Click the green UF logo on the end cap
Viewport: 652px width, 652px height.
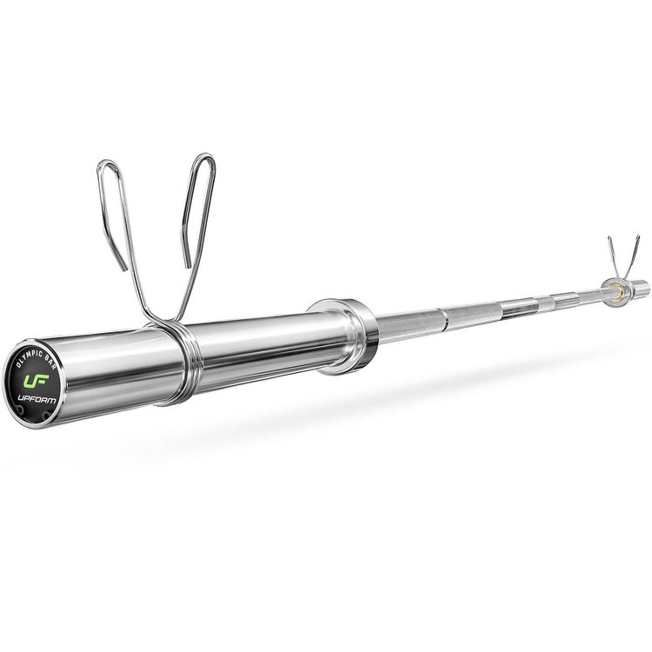click(x=38, y=380)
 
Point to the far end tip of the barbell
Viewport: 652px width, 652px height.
click(x=644, y=286)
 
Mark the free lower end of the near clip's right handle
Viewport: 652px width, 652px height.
click(x=186, y=264)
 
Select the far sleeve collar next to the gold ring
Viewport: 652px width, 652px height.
click(x=604, y=293)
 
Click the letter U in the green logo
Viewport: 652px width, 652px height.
click(x=31, y=381)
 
